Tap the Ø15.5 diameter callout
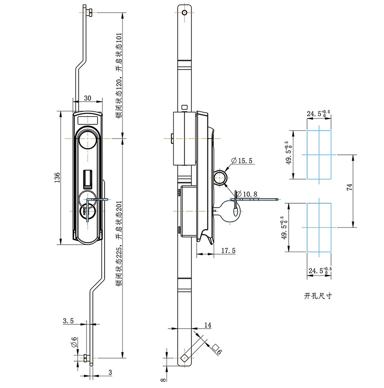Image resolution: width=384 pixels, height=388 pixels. coord(242,161)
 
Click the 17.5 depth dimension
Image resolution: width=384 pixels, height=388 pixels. coord(228,250)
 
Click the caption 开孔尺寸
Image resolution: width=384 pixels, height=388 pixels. coord(318,296)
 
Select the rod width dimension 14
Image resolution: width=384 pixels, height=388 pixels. coord(208,325)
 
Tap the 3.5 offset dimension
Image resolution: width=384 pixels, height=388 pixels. coord(68,321)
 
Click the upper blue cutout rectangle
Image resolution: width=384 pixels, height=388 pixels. coord(319,155)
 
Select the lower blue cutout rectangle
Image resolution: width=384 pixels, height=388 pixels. coord(319,227)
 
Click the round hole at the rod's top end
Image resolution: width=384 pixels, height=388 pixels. coord(185,12)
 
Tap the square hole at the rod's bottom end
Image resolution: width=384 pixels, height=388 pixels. coord(185,357)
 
